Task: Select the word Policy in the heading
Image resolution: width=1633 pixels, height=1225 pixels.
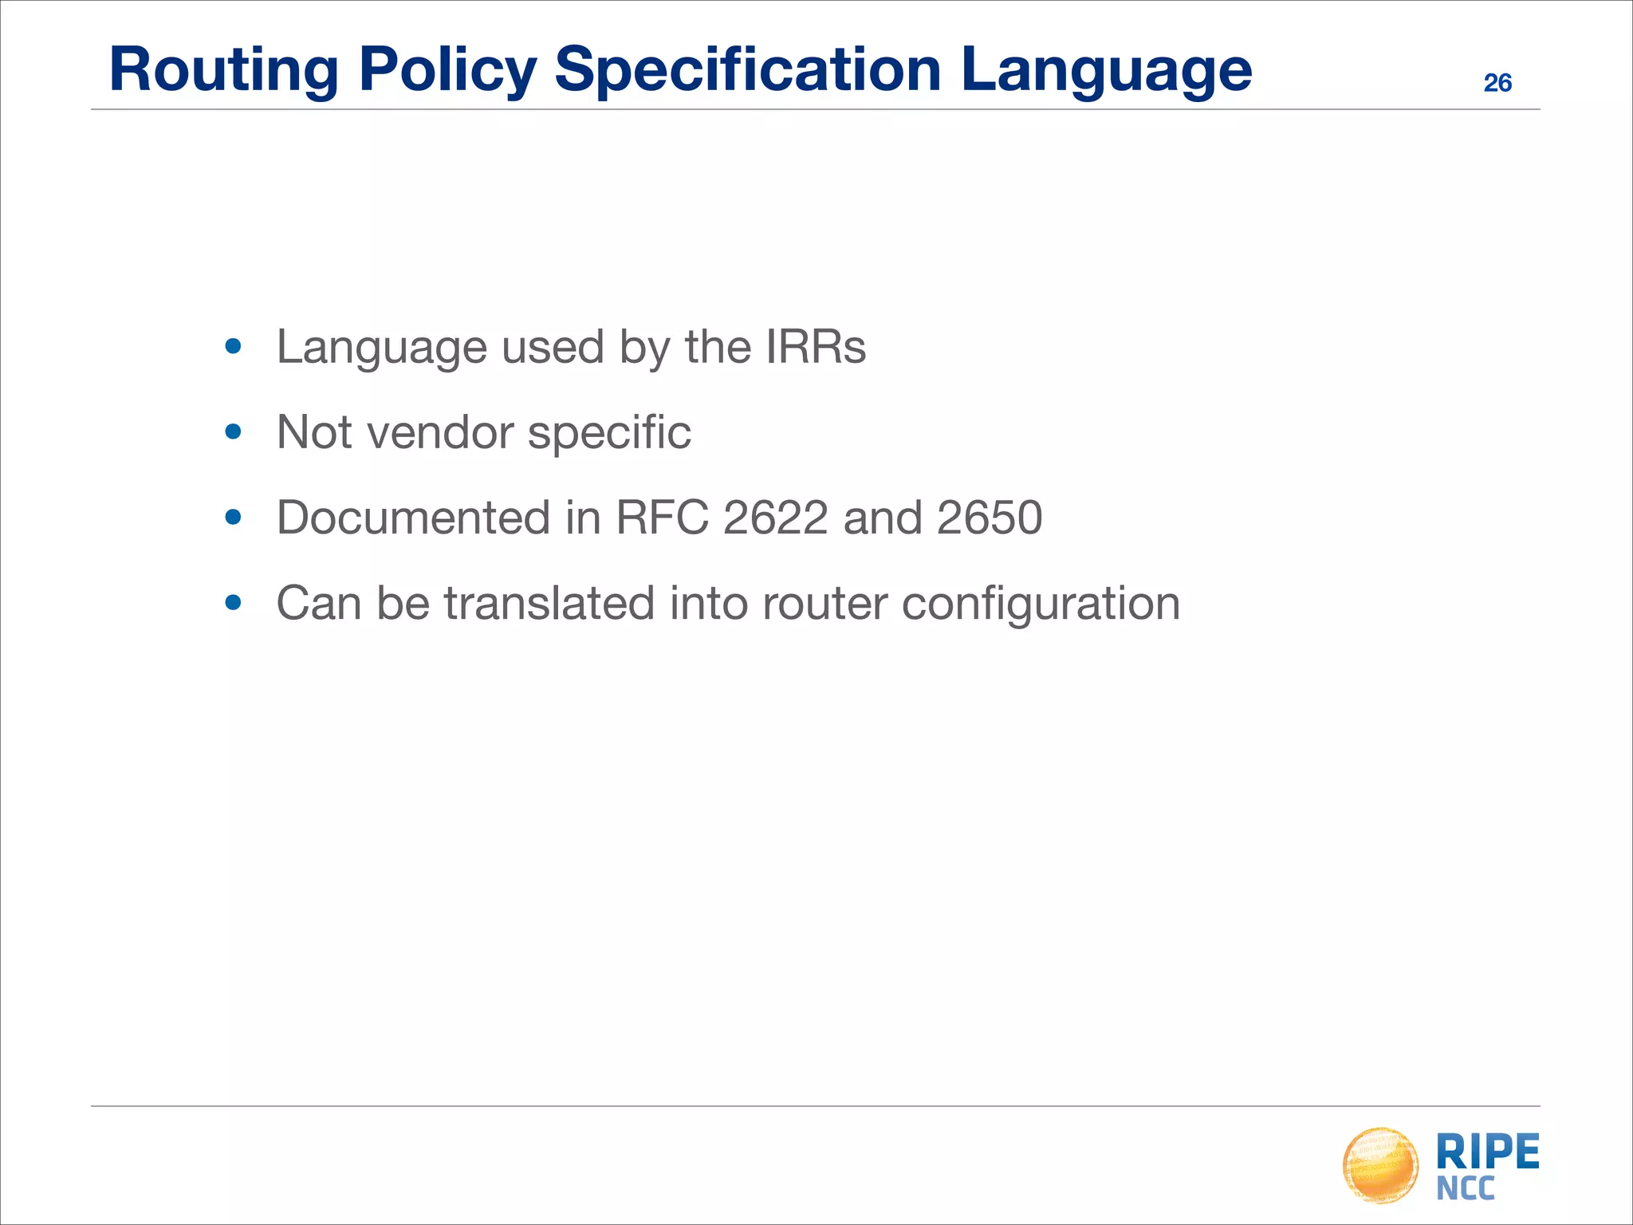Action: tap(447, 70)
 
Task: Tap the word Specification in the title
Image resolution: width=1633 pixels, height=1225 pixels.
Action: tap(748, 70)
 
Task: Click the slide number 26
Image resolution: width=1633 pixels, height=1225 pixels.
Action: tap(1497, 83)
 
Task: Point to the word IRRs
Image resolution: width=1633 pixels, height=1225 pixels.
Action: tap(815, 347)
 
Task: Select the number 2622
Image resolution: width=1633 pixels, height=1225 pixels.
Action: tap(775, 518)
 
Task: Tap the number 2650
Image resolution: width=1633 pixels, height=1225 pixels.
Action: tap(990, 518)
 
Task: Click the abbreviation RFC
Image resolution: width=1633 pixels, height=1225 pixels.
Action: tap(662, 518)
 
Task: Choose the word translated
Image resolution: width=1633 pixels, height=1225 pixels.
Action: tap(549, 603)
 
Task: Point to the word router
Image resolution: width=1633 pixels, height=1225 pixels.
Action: tap(824, 603)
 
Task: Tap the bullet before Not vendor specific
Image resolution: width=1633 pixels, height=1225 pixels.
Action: tap(233, 432)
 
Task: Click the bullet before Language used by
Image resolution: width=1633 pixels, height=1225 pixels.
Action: tap(233, 347)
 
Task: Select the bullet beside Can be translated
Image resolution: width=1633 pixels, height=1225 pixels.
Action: tap(233, 603)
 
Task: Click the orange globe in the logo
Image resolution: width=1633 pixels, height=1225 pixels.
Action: tap(1380, 1165)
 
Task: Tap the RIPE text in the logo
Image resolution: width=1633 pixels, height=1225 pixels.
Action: tap(1487, 1152)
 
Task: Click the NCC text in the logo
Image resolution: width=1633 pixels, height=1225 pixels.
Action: tap(1466, 1189)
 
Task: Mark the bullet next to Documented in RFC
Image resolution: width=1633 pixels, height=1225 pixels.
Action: tap(233, 518)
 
